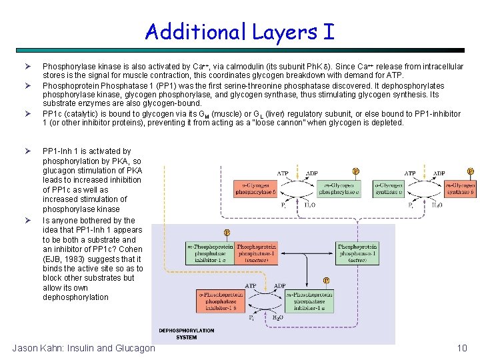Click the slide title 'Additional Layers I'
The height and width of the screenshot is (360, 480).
click(239, 31)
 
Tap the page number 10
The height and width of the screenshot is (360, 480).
click(462, 348)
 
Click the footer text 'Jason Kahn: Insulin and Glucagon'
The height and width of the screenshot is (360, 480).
click(84, 348)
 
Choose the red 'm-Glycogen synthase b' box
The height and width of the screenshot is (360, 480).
click(461, 188)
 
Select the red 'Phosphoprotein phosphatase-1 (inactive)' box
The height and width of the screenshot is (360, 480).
click(256, 253)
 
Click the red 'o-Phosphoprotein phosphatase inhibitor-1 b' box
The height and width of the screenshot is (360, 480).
click(216, 301)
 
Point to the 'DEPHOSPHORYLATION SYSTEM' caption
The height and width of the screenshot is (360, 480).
click(186, 333)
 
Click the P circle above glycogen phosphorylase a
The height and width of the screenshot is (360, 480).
click(355, 171)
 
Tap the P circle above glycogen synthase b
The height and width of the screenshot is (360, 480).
click(471, 171)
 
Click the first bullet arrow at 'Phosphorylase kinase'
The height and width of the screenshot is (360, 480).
click(29, 67)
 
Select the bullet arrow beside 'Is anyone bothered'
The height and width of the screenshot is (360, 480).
click(29, 220)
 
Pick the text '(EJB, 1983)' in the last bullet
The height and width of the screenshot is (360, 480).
click(65, 259)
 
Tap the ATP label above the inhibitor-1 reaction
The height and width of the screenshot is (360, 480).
click(250, 287)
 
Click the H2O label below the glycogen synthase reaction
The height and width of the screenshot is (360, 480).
click(437, 205)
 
